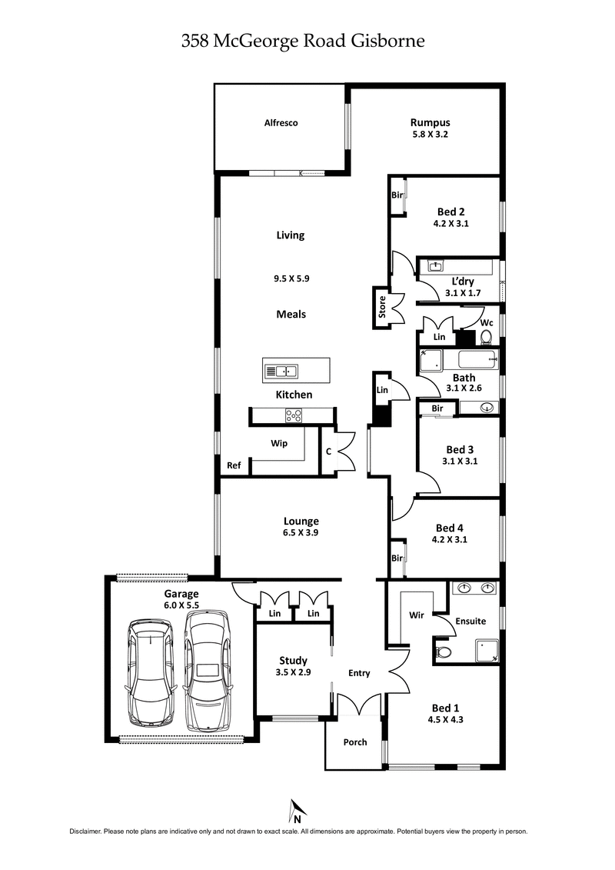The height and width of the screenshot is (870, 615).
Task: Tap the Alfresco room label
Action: click(x=281, y=123)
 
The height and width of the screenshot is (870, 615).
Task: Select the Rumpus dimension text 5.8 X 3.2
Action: click(x=429, y=135)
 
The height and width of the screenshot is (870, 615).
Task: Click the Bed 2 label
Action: click(x=450, y=212)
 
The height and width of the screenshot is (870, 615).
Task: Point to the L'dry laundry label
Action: click(x=461, y=282)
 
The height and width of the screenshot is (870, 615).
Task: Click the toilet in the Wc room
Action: click(x=485, y=336)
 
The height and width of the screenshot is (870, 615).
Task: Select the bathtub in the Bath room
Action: click(x=474, y=359)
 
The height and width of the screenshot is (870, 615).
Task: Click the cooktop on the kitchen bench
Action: click(x=294, y=415)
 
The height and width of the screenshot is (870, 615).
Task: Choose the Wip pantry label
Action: click(x=278, y=444)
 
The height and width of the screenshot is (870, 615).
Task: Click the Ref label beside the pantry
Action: click(x=233, y=466)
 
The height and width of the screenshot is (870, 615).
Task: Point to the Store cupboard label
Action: click(x=381, y=307)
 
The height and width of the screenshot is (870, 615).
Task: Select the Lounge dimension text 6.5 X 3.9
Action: click(x=300, y=533)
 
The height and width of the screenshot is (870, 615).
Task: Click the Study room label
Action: click(x=293, y=660)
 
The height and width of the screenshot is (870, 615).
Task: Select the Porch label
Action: click(x=355, y=742)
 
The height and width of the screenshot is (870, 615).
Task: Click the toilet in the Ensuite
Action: click(x=444, y=653)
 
